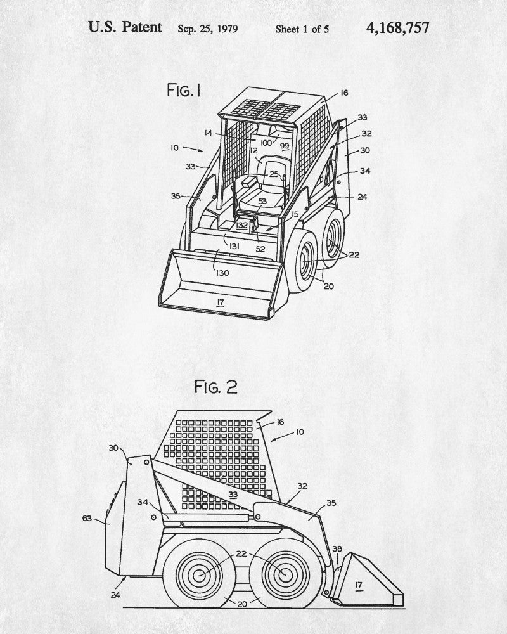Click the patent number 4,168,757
pos(397,28)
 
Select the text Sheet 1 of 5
pos(302,29)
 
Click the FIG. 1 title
pos(184,91)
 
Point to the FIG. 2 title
pos(215,387)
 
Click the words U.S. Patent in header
pos(125,27)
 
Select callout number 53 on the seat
pos(262,202)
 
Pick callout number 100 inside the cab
pos(265,143)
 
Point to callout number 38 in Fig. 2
pos(337,549)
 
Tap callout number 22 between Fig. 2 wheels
pos(241,553)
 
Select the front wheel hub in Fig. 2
pos(283,575)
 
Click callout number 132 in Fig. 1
pos(242,224)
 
